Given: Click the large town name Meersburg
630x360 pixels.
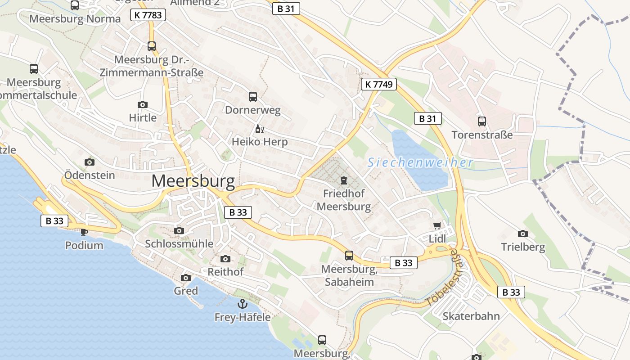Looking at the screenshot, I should click(193, 181).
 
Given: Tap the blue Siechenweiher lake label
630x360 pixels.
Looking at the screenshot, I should click(420, 162).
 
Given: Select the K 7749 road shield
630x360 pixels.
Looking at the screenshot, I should click(378, 84).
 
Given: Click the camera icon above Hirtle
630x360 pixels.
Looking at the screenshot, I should click(143, 105).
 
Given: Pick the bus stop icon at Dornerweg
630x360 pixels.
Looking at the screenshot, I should click(253, 96).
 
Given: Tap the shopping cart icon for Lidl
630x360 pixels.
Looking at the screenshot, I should click(437, 225).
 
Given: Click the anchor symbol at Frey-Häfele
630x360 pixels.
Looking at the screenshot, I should click(243, 304).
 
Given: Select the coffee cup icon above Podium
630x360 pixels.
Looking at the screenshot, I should click(84, 232).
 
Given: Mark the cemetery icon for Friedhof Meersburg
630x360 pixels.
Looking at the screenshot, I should click(344, 181).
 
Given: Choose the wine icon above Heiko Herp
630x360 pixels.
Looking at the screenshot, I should click(259, 129).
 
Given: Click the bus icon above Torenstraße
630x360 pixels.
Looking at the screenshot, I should click(482, 121).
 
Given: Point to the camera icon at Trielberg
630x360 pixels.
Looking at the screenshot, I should click(523, 234).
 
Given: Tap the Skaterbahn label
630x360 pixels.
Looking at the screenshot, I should click(471, 316).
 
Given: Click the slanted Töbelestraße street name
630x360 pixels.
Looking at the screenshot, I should click(442, 278).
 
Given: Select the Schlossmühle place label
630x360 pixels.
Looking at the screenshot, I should click(179, 243).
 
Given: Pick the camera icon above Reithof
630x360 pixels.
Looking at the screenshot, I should click(225, 259).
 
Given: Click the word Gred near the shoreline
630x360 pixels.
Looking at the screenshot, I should click(186, 291).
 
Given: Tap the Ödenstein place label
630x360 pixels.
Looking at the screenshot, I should click(90, 175).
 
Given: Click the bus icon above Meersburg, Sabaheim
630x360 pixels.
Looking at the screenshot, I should click(349, 256).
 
